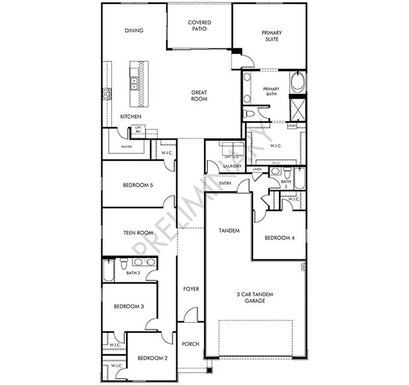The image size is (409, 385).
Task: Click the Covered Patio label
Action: click(200, 26)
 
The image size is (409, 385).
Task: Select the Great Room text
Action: click(200, 96)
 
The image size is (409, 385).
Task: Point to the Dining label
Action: click(134, 30)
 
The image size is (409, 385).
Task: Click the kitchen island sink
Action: click(134, 83)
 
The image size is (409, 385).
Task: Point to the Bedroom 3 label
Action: click(129, 306)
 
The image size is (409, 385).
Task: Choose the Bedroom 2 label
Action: click(152, 358)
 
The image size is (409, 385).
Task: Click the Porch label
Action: click(191, 343)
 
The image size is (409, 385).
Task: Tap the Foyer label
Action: click(191, 289)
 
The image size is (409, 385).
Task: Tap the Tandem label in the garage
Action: click(229, 231)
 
